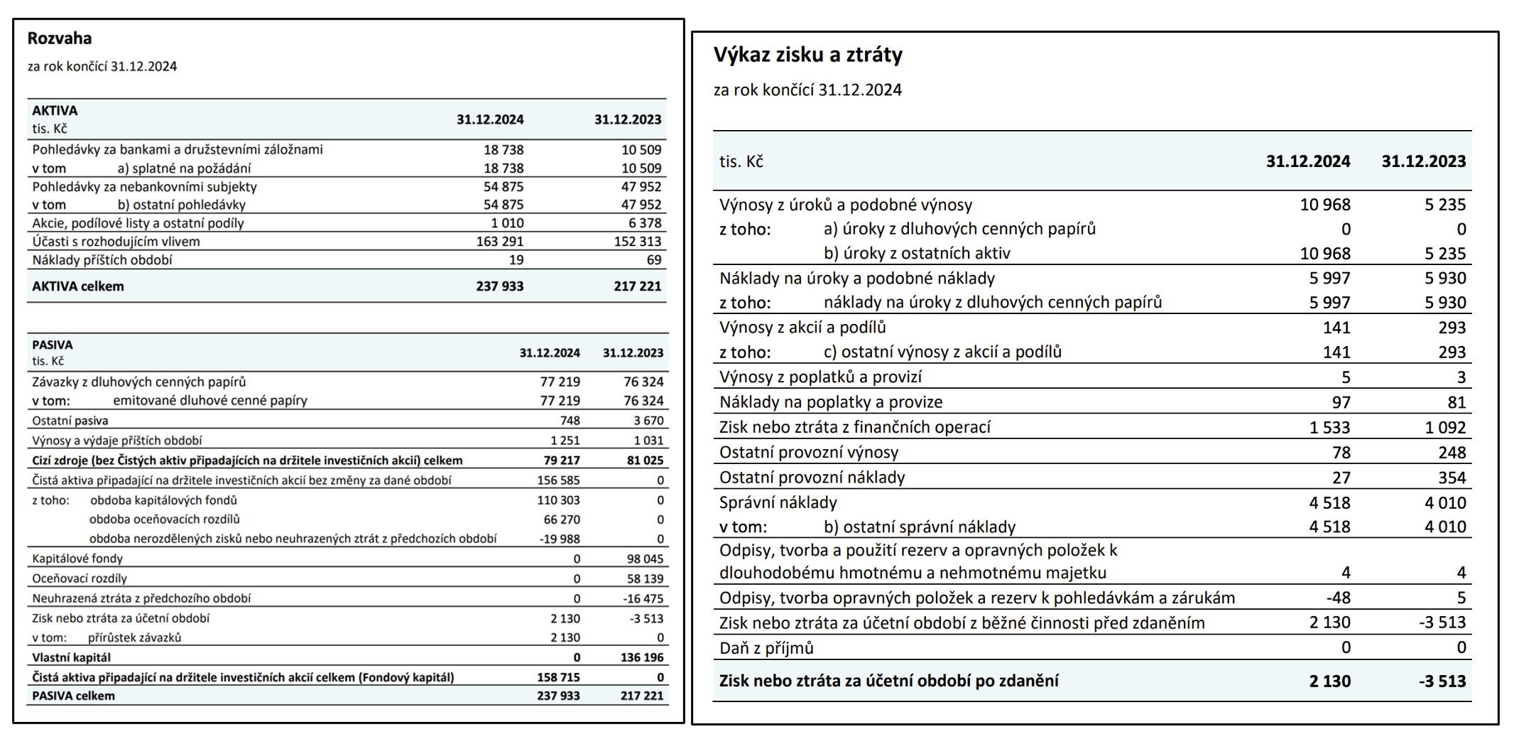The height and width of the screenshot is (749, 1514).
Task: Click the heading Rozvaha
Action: tap(60, 38)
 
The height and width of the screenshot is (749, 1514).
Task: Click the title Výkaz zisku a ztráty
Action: tap(807, 55)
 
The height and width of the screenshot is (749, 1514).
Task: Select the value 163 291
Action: tap(499, 242)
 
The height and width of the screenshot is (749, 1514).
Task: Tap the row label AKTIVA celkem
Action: tap(78, 286)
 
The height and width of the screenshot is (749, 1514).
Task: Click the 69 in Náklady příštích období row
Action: tap(654, 260)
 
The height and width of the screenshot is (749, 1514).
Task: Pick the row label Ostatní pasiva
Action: tap(70, 421)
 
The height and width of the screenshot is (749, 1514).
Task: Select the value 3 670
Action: tap(648, 421)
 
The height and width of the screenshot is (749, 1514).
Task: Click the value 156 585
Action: tap(558, 480)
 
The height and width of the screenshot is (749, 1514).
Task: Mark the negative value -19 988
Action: tap(560, 539)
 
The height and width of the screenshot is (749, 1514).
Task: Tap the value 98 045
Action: tap(645, 559)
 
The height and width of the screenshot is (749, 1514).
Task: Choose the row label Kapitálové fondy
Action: tap(77, 559)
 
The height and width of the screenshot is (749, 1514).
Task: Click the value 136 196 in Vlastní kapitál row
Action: tap(642, 658)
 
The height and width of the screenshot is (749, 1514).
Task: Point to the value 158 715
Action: tap(558, 678)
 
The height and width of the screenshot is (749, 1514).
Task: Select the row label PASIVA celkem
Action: tap(73, 696)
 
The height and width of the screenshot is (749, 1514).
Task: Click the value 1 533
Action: tap(1329, 428)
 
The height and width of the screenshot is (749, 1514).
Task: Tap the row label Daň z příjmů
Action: tap(766, 648)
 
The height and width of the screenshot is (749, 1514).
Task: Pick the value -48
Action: tap(1337, 598)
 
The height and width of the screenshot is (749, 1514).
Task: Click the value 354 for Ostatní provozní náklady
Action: tap(1452, 478)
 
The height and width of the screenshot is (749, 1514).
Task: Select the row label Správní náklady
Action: tap(778, 503)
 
